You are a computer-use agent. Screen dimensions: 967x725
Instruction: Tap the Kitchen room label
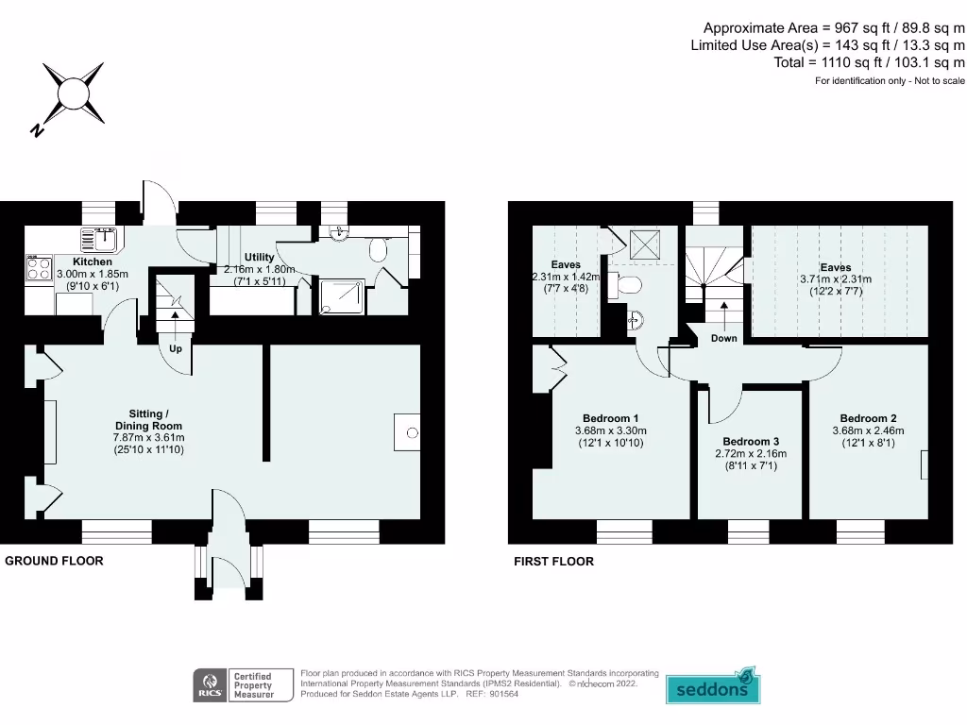coord(93,261)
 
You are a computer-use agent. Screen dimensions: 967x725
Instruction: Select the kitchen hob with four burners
coord(39,268)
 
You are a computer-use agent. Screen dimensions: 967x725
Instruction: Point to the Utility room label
coord(259,257)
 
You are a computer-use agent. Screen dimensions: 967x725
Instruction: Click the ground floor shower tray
coord(342,296)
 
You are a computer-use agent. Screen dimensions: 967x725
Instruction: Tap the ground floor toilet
coord(378,250)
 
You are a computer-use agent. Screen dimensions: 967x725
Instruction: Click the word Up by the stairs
coord(176,349)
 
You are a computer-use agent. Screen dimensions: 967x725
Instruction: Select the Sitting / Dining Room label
coord(148,420)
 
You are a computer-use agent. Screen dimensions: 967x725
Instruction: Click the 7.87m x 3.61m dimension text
coord(148,438)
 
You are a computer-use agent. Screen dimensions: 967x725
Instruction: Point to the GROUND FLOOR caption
coord(54,561)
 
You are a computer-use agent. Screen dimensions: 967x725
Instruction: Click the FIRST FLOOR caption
coord(553,562)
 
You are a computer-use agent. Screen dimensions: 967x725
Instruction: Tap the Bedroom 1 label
coord(611,418)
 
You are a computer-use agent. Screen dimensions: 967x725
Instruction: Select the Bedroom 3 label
coord(751,442)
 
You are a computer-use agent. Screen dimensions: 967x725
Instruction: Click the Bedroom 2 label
coord(869,418)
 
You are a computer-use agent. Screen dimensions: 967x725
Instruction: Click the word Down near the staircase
coord(724,339)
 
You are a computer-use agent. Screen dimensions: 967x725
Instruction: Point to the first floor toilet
coord(626,285)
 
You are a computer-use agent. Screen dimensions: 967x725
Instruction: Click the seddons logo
coord(713,685)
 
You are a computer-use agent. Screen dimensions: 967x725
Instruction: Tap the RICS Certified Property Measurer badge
coord(243,685)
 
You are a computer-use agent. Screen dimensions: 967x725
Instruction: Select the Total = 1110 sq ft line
coord(870,62)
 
